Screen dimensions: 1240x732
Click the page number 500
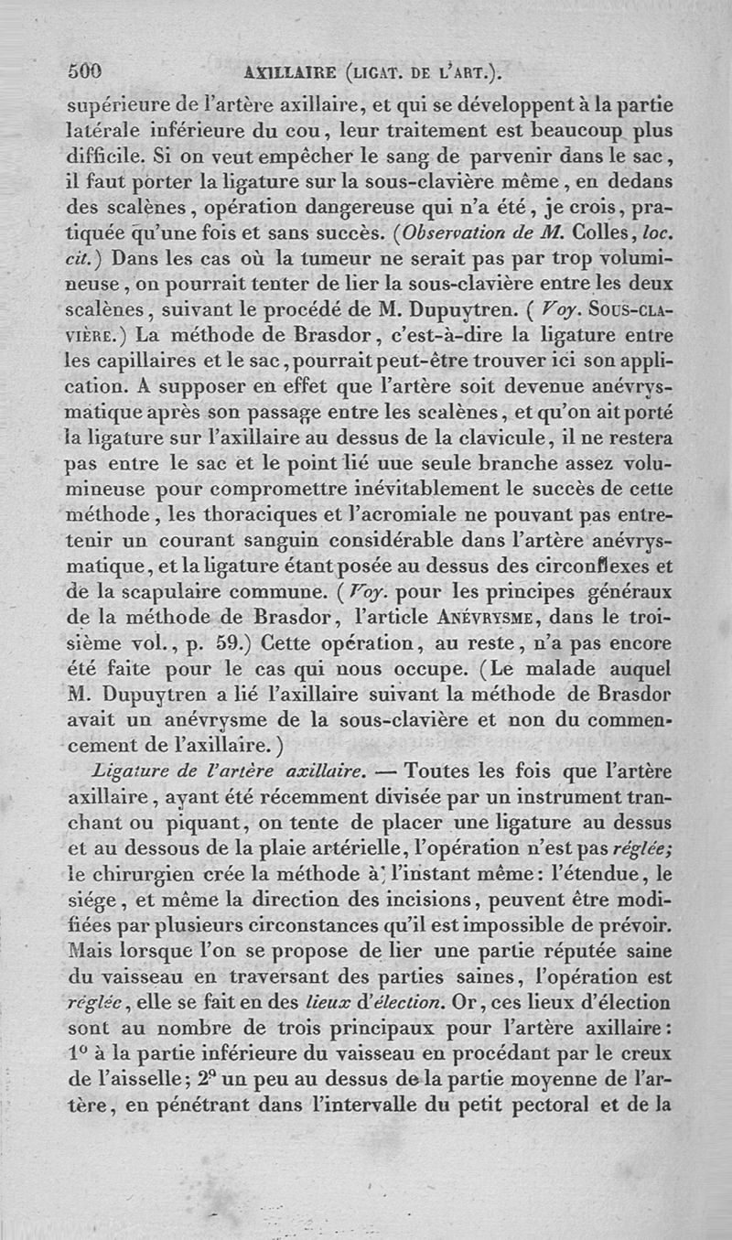tap(85, 70)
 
